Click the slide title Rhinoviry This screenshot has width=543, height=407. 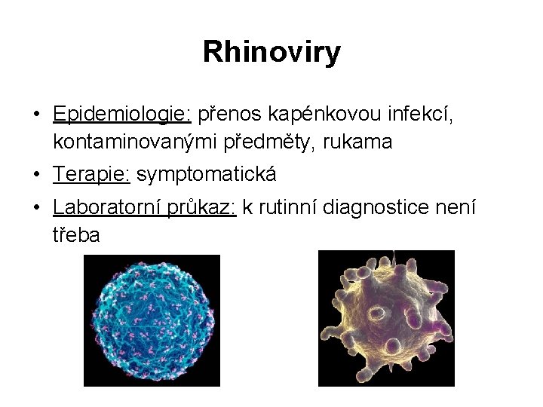click(x=271, y=53)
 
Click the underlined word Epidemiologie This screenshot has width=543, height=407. click(x=122, y=114)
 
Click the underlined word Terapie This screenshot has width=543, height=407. click(x=91, y=175)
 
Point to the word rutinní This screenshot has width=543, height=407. click(x=287, y=209)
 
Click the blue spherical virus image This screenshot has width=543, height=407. click(x=151, y=320)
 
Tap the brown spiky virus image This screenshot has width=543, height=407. click(x=386, y=318)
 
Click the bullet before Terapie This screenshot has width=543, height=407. click(x=36, y=176)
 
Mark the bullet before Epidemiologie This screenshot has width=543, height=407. click(x=36, y=115)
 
